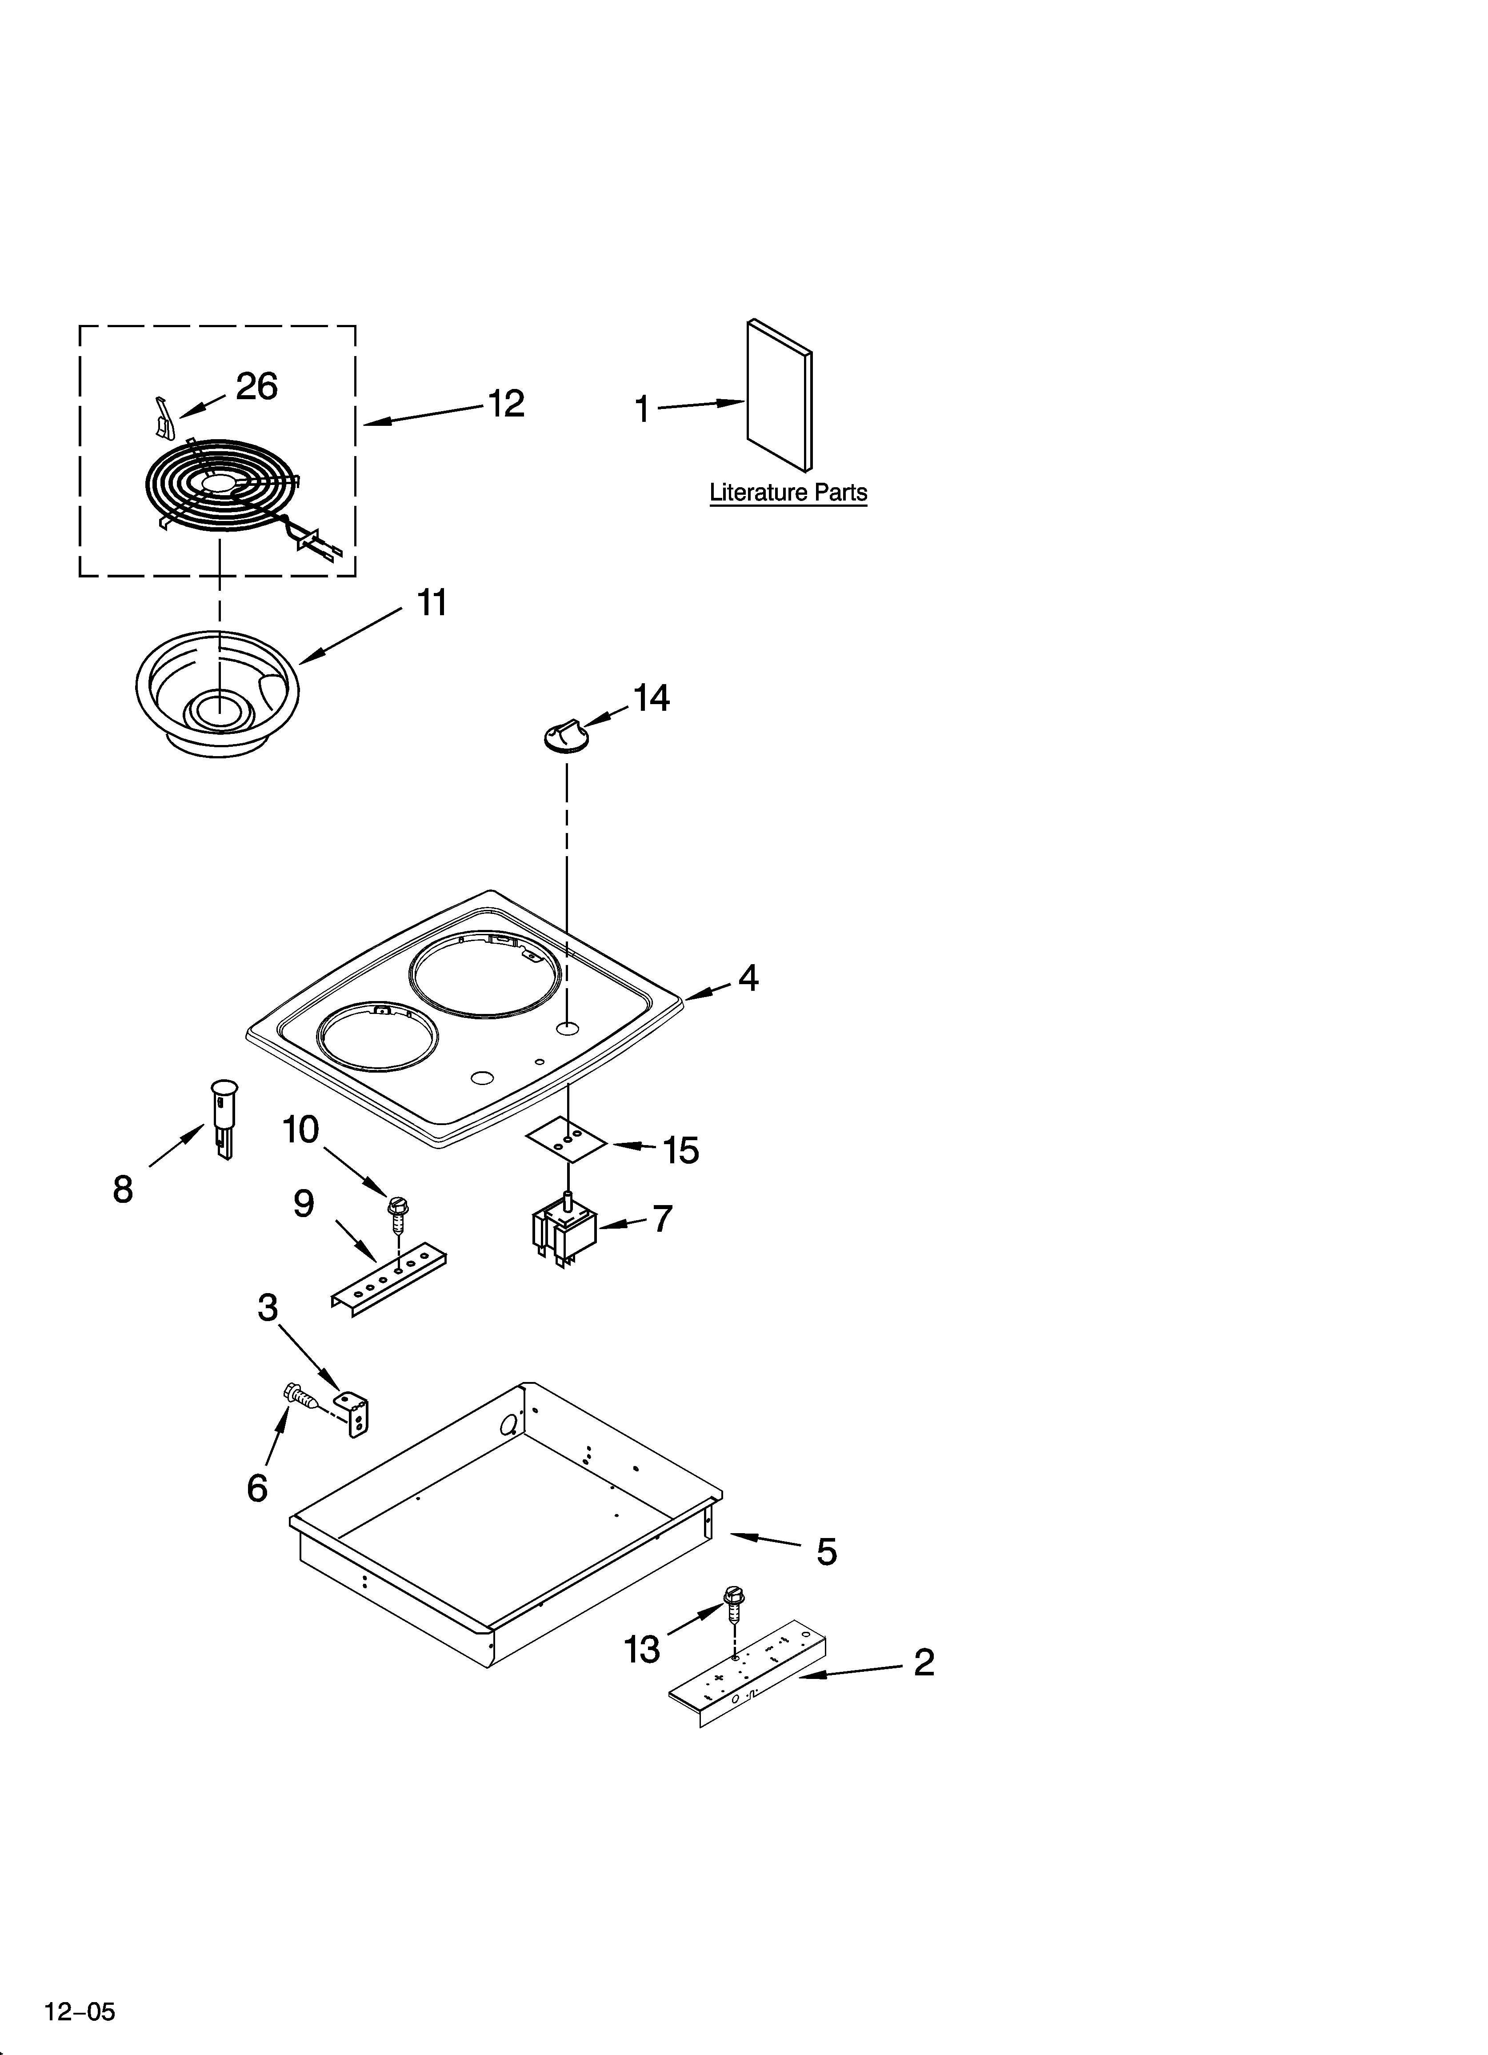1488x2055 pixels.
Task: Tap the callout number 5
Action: tap(826, 1552)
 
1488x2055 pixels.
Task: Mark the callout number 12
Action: tap(506, 404)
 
